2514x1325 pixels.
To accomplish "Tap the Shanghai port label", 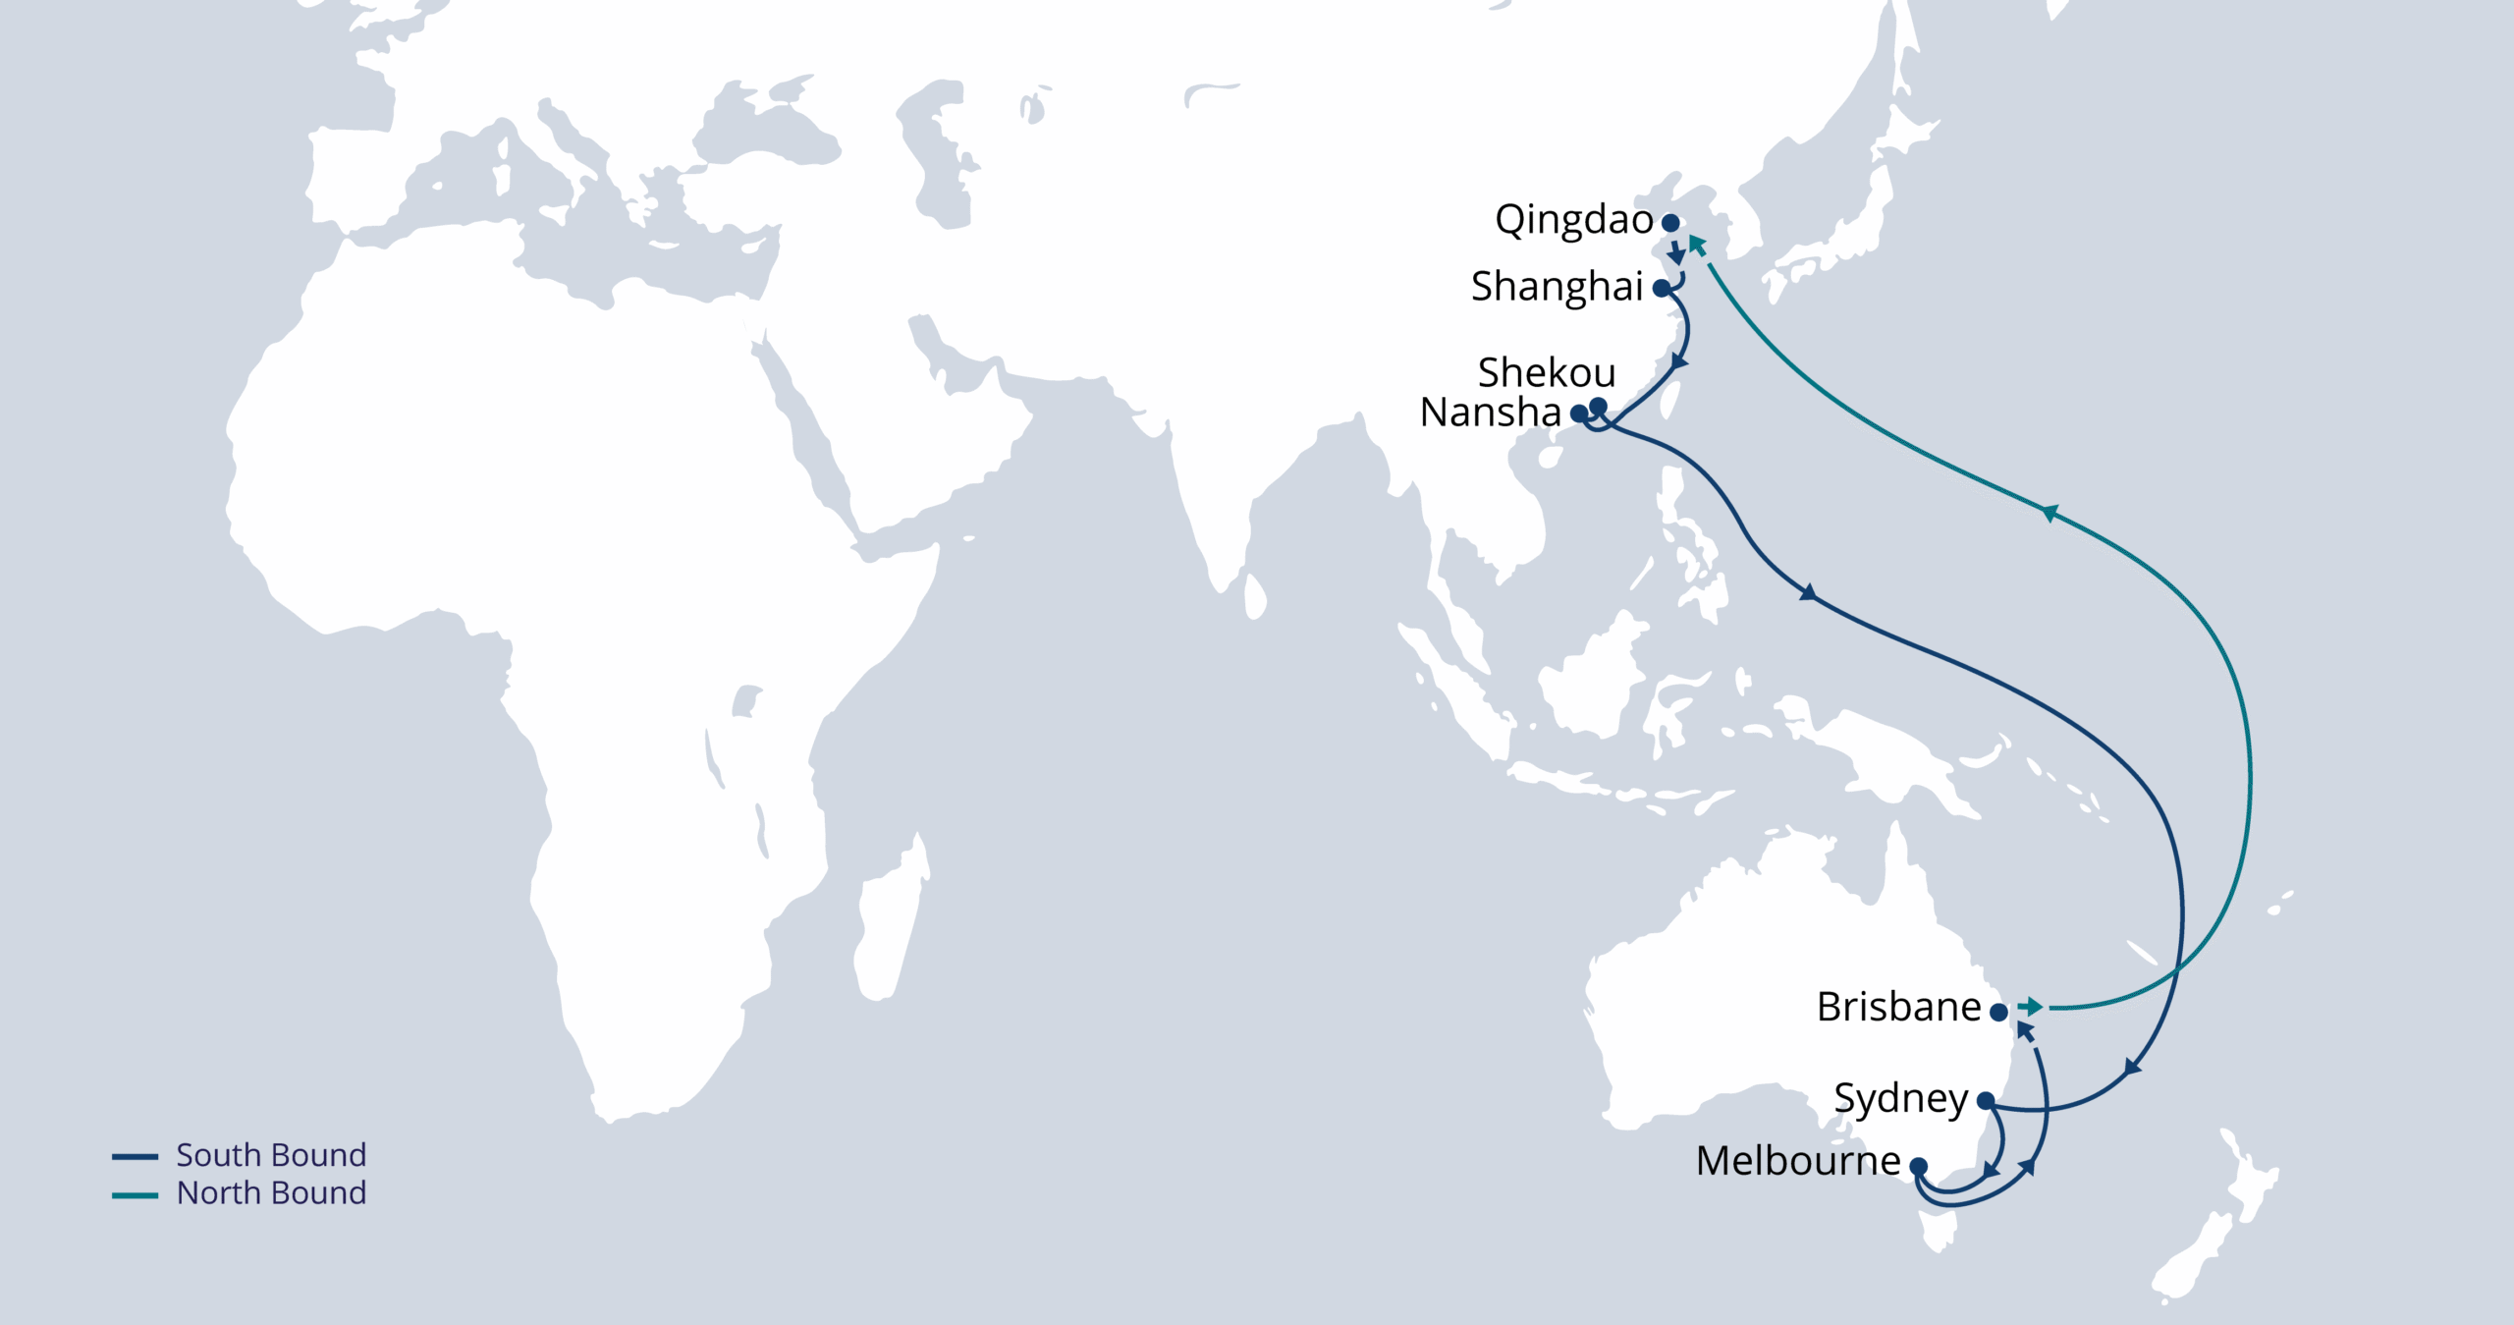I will [1557, 287].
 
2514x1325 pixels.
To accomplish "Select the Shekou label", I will [1546, 373].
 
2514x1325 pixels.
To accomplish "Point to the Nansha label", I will [1490, 413].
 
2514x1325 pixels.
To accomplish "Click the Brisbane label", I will [1898, 1007].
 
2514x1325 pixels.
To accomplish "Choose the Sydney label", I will [1900, 1099].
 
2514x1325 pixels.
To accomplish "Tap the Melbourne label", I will [1798, 1161].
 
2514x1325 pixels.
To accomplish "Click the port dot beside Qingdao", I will [1670, 223].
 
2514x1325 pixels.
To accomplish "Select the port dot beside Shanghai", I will [1662, 289].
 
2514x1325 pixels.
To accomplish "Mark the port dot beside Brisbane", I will [1998, 1011].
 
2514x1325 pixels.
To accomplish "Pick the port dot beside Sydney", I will [1985, 1101].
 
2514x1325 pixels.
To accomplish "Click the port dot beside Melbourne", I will [1918, 1166].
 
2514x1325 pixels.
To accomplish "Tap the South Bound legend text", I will [271, 1155].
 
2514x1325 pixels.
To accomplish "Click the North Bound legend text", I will [271, 1193].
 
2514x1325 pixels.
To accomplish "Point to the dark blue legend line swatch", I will [136, 1157].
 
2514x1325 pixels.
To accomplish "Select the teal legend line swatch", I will [136, 1195].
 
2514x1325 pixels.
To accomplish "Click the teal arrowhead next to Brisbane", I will [2032, 1007].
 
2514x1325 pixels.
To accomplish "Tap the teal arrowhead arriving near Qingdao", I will [1696, 243].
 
